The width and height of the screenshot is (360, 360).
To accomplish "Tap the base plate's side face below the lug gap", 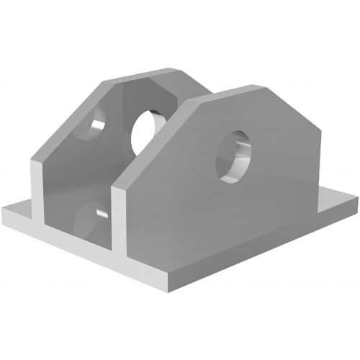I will (x=72, y=241).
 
